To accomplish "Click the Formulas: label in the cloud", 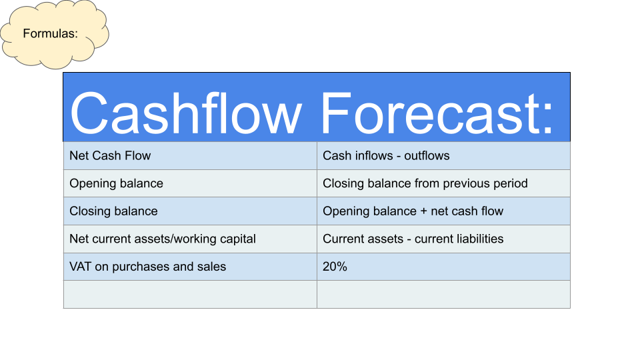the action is (50, 33).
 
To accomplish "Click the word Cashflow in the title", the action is (186, 113).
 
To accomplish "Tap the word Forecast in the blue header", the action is (429, 113).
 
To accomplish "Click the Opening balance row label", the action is (116, 184).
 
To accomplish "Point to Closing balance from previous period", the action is (425, 184).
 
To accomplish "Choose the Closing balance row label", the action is (113, 211).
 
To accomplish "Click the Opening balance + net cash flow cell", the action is (413, 211).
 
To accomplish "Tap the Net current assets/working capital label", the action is (163, 239).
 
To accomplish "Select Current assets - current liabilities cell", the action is (413, 239).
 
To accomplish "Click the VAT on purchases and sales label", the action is (148, 267).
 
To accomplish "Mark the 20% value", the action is (335, 267).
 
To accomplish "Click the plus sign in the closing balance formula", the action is (424, 211).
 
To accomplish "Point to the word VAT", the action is (81, 267).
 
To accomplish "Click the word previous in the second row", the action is (466, 184).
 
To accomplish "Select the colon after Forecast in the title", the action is (547, 119).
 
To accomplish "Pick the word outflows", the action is (427, 155).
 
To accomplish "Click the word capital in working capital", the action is (238, 239).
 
